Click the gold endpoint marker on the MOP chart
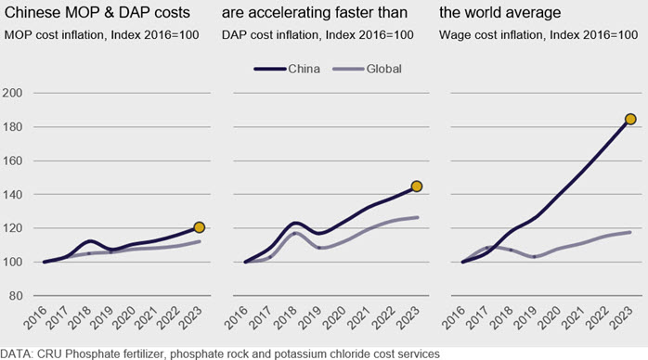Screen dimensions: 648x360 coord(200,227)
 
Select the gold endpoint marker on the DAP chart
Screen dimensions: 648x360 coord(417,186)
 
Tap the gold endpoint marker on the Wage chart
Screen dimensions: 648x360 coord(630,120)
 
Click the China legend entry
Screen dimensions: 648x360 coord(287,69)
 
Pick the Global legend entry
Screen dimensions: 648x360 coord(367,69)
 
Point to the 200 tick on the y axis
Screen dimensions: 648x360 coord(12,93)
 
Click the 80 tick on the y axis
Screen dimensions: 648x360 coord(15,296)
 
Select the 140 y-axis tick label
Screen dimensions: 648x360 coord(12,194)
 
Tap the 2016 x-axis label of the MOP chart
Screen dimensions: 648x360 coord(34,318)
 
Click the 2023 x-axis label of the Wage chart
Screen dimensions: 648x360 coord(621,318)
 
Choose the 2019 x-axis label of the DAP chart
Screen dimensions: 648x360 coord(310,318)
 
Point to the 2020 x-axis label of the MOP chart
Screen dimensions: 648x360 coord(123,318)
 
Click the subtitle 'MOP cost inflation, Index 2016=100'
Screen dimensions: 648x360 coord(102,34)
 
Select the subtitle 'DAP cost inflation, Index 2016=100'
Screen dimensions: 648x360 coord(318,34)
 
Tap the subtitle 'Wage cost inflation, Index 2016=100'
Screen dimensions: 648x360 coord(538,34)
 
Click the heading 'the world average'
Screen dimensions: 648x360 coord(500,13)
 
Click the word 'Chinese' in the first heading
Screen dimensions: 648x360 coord(32,13)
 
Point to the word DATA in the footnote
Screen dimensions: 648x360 coord(16,354)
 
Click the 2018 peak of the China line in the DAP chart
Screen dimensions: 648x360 coord(295,224)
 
